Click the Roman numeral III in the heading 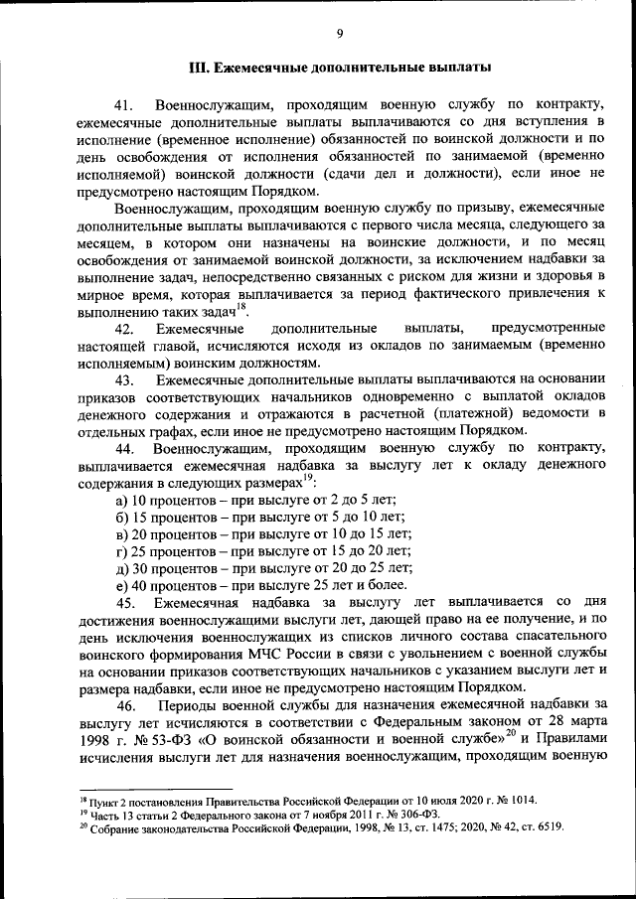coord(199,69)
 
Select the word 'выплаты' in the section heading coord(457,69)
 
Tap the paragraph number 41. coord(124,104)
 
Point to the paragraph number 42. coord(124,328)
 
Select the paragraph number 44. coord(124,449)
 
